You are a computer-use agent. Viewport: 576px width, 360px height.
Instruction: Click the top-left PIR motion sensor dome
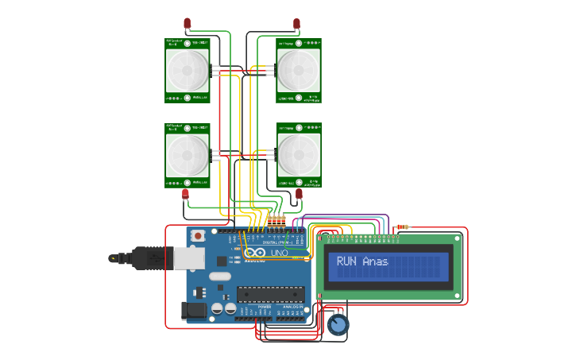coord(187,70)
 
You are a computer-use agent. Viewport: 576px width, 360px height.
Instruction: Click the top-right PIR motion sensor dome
coord(299,70)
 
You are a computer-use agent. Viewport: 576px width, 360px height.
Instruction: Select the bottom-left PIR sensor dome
coord(187,155)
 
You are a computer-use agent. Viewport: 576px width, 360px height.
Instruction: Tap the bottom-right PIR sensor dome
coord(299,155)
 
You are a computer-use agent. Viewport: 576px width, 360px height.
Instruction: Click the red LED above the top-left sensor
coord(187,23)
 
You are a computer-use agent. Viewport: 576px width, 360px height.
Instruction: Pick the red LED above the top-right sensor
coord(296,23)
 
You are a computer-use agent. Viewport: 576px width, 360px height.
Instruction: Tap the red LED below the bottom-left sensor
coord(185,193)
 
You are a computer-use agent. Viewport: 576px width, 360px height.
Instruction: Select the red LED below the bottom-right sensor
coord(300,193)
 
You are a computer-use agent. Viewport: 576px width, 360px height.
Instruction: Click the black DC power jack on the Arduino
coord(195,311)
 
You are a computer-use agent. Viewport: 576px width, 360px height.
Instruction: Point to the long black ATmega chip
coord(270,294)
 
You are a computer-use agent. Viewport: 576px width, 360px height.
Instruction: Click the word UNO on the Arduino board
coord(280,253)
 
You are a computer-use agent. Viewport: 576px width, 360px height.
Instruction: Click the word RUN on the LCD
coord(346,261)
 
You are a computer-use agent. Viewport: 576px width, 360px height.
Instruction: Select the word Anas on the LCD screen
coord(376,261)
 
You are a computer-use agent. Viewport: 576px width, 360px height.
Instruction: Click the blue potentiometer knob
coord(338,325)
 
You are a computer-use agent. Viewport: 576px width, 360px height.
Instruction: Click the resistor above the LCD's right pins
coord(402,227)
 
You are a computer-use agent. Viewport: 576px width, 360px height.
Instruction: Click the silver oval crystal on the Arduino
coord(219,277)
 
